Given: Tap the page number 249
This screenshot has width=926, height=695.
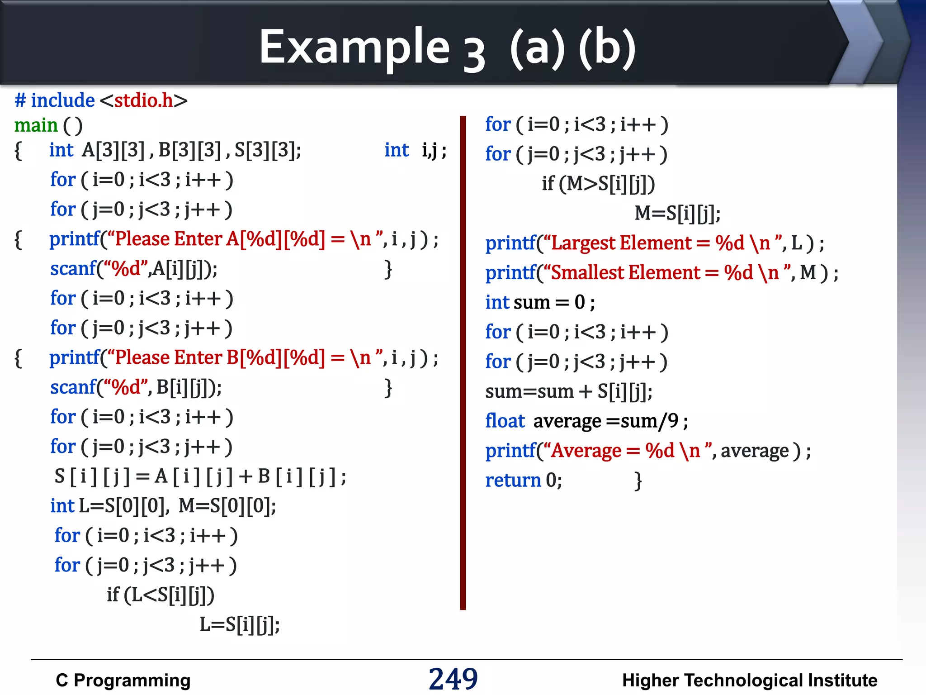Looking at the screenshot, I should pos(453,679).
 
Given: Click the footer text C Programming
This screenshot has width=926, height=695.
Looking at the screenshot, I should pos(123,680).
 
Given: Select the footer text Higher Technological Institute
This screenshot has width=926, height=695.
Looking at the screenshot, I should pos(749,680).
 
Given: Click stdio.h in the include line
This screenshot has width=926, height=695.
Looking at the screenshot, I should pos(143,100).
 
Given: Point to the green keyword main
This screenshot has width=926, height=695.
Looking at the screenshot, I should pos(36,125).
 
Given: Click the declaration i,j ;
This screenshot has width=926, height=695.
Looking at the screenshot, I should pos(434,150).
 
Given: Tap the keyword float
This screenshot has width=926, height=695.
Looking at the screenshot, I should pos(505,421).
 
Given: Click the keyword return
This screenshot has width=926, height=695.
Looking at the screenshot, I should pos(513,480).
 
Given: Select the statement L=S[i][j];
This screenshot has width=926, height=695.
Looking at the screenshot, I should pos(240,624).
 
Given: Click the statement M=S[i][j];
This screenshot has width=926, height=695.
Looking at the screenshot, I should pos(677,213).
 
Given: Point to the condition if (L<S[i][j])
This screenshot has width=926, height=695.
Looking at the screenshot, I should pos(161,595).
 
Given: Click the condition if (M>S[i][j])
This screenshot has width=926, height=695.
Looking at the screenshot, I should pos(598,184).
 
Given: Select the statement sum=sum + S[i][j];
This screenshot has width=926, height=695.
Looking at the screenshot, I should pos(568,391).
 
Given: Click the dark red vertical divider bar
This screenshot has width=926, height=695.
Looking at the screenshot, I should pos(463,362).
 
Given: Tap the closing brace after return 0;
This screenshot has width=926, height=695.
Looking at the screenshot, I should pos(638,481).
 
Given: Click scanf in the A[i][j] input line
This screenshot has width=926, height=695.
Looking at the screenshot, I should pos(73,269).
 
